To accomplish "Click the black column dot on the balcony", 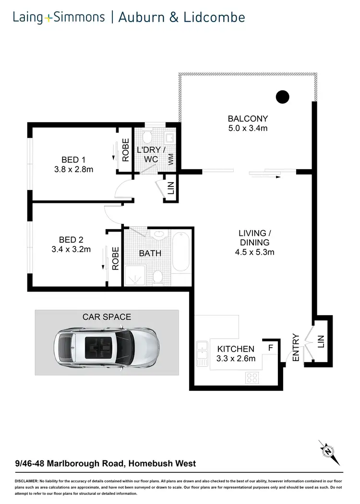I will [x=283, y=97].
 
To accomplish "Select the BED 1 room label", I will [x=73, y=159].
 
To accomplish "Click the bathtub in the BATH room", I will [x=181, y=252].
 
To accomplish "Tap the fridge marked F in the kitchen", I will [x=271, y=348].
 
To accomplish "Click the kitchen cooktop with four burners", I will [x=252, y=377].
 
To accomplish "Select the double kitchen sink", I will [x=202, y=355].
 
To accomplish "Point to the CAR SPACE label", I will [x=107, y=317].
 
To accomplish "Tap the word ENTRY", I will [x=296, y=348].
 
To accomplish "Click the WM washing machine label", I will [x=171, y=160].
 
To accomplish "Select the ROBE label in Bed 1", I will [x=126, y=150].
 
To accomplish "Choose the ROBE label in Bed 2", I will [x=115, y=258].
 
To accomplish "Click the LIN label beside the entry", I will [x=321, y=341].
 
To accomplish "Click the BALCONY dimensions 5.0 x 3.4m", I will [x=248, y=128].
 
